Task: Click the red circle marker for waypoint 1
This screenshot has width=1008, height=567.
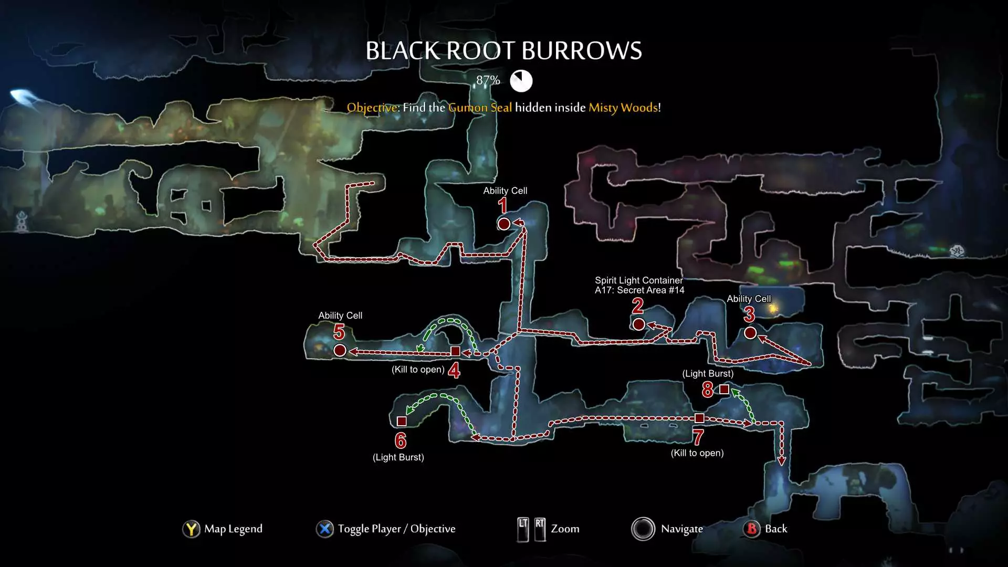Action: point(503,224)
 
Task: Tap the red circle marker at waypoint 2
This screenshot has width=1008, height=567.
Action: point(638,324)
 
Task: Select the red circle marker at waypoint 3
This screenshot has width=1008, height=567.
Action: point(750,333)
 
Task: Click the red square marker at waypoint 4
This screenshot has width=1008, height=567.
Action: point(455,351)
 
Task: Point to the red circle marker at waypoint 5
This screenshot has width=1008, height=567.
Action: point(340,350)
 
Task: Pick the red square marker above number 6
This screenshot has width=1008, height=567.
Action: point(402,421)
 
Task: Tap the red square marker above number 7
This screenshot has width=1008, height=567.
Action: point(699,418)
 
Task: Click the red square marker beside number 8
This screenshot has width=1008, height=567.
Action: point(724,390)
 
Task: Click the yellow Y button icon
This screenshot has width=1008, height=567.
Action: point(191,529)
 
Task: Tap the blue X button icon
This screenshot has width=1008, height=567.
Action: point(325,529)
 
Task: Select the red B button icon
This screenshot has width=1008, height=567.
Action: point(752,529)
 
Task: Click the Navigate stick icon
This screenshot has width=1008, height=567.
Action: point(643,529)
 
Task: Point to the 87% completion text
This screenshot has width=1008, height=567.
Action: point(488,80)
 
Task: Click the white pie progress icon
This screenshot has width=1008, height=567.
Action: point(521,81)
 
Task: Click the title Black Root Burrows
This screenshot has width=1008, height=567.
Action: point(503,51)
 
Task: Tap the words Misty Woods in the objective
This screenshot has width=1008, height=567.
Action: point(623,108)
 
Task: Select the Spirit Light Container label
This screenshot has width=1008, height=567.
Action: point(639,280)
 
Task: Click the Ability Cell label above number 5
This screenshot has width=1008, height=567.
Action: point(340,316)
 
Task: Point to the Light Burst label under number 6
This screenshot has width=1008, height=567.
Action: point(398,457)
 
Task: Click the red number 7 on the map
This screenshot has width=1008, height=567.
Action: point(698,437)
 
